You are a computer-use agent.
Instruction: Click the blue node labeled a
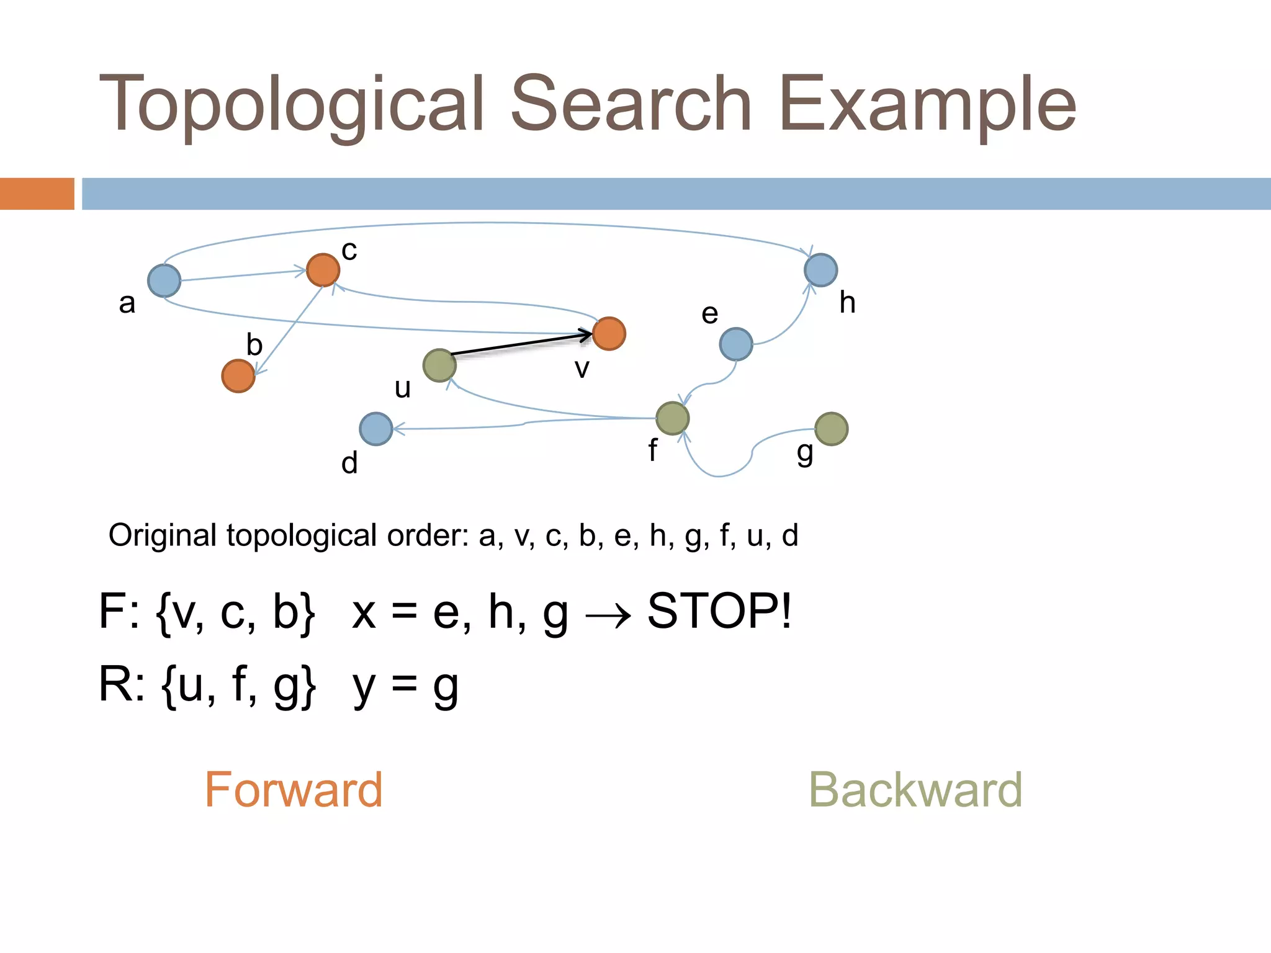coord(164,280)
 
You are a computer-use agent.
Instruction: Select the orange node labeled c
coord(323,270)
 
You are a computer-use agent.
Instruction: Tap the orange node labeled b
coord(238,376)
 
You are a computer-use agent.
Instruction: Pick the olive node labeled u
coord(439,365)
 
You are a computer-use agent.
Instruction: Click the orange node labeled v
coord(609,334)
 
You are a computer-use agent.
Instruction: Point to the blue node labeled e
coord(736,344)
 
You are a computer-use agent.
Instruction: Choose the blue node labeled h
coord(820,270)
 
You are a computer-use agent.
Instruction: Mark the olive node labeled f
coord(672,418)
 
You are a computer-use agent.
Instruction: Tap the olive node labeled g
coord(831,429)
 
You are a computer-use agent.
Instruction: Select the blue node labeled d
coord(376,429)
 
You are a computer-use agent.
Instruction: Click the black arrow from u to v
coord(521,344)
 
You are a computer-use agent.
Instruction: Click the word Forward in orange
coord(294,790)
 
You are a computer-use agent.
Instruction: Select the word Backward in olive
coord(915,790)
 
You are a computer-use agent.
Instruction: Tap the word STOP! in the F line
coord(719,611)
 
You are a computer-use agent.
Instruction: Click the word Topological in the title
coord(292,104)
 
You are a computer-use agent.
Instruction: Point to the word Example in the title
coord(928,104)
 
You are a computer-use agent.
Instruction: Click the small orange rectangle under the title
coord(37,194)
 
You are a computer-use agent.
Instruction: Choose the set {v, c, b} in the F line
coord(236,612)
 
